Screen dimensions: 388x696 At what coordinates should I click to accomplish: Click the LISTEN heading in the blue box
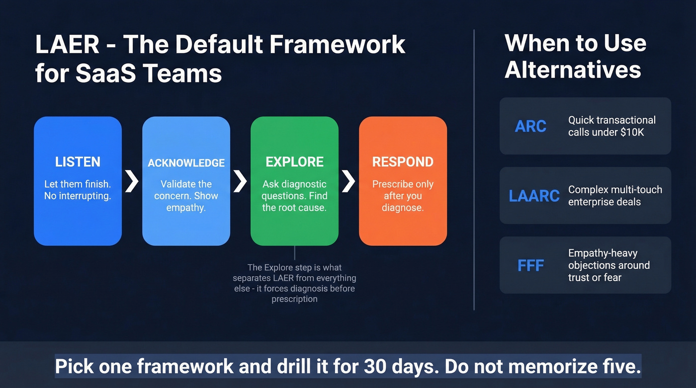[x=78, y=162]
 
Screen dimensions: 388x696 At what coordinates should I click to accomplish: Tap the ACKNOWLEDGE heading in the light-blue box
[x=186, y=163]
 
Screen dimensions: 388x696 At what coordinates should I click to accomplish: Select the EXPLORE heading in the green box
[x=294, y=162]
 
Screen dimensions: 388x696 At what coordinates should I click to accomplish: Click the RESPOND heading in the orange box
[x=403, y=162]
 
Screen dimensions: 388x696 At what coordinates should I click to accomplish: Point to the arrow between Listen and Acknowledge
[x=132, y=181]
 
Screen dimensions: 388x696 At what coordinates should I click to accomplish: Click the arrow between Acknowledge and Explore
[x=240, y=181]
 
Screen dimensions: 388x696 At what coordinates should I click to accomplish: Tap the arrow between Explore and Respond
[x=348, y=181]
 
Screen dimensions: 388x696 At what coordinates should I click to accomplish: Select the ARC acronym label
[x=530, y=126]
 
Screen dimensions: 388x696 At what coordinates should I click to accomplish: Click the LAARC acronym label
[x=534, y=196]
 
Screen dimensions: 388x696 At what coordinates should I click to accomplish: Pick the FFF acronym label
[x=530, y=265]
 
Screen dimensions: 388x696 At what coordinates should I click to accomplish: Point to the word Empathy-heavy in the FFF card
[x=603, y=253]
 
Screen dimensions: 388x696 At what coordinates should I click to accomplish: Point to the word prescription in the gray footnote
[x=294, y=299]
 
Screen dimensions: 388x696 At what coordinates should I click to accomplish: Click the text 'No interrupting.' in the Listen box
[x=78, y=196]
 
